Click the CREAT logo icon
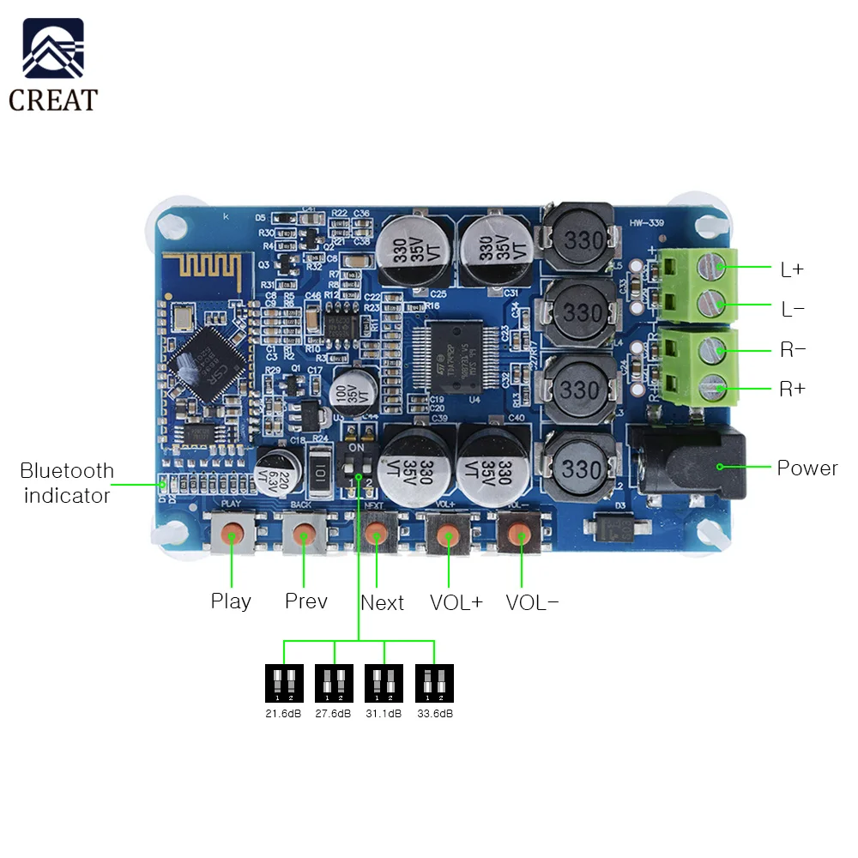pos(53,50)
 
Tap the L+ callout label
pos(792,269)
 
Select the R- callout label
pos(792,350)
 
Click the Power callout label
pos(807,468)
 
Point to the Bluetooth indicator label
pos(67,483)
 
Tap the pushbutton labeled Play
pos(233,535)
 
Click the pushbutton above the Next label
pos(375,536)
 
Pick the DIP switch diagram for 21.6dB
pos(284,684)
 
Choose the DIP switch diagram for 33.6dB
pos(434,684)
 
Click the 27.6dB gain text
pos(333,714)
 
